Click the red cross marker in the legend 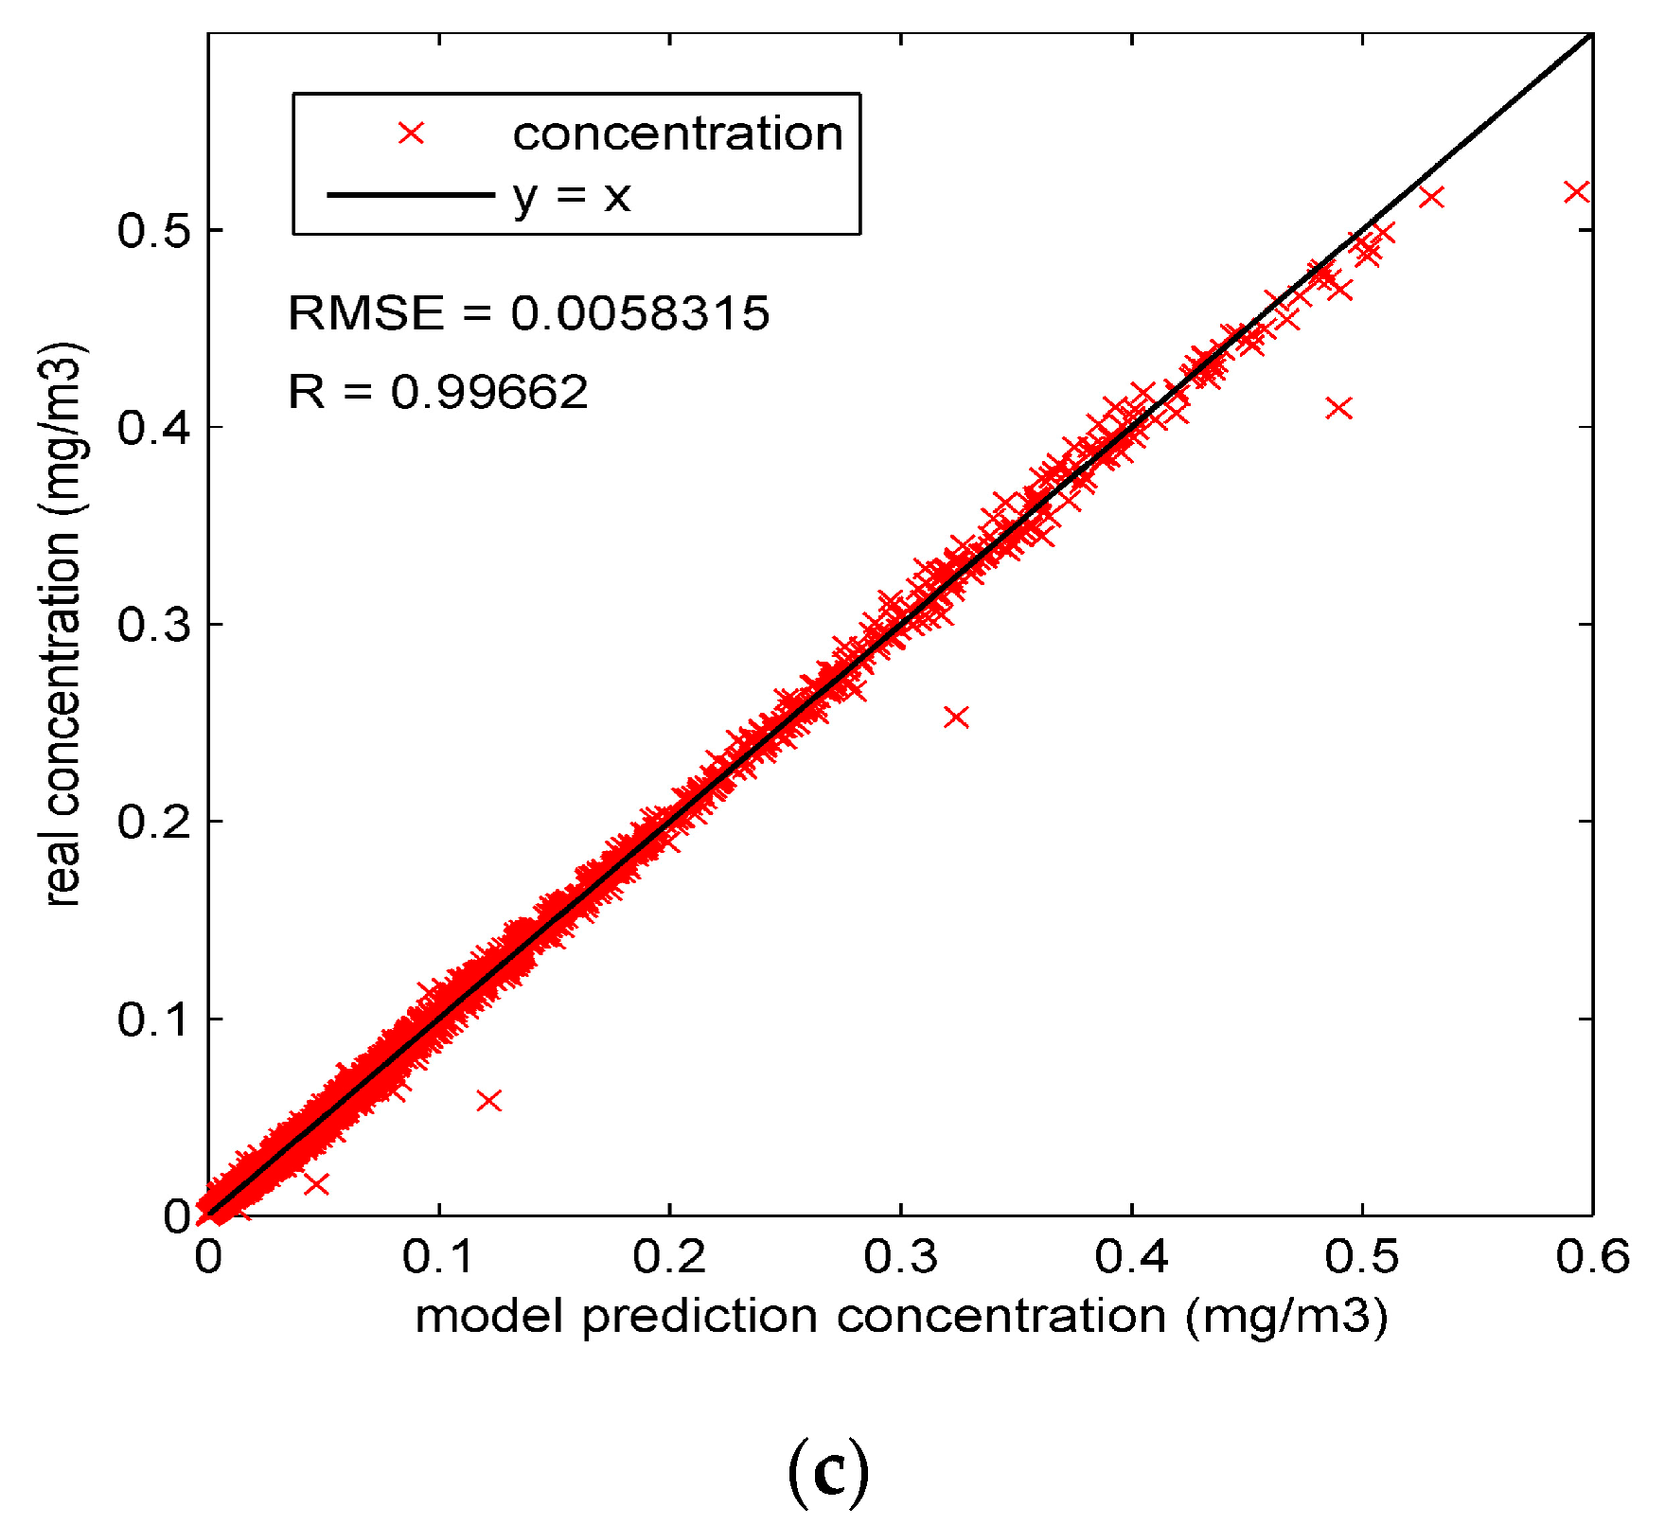(411, 133)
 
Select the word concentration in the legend (678, 133)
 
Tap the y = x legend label (572, 196)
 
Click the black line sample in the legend (410, 196)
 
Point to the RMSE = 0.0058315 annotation (528, 313)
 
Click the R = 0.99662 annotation (437, 392)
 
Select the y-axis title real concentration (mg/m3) (63, 625)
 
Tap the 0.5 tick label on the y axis (154, 231)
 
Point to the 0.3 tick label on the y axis (154, 625)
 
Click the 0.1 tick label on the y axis (154, 1020)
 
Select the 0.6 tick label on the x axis (1592, 1257)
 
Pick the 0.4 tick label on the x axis (1131, 1257)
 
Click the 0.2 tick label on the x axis (669, 1257)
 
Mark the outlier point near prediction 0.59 (1576, 192)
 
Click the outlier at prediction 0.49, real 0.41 (1338, 408)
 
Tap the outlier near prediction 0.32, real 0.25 (956, 718)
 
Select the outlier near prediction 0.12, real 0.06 (488, 1101)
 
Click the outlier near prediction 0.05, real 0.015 (316, 1183)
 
